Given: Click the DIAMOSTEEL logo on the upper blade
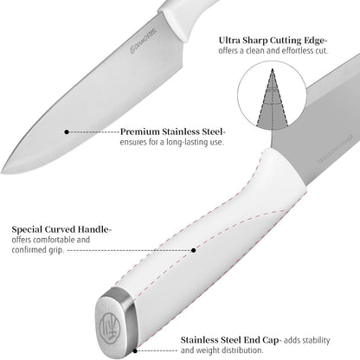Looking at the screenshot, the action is (144, 41).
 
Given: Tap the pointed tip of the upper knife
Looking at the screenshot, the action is (2, 173).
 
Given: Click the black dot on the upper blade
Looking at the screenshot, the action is (67, 132).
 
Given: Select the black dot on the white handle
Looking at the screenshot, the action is (194, 250).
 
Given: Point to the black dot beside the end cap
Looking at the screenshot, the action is (135, 351).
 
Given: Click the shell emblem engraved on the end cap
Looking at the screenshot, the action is (108, 328).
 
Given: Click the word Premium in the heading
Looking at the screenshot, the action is (140, 132).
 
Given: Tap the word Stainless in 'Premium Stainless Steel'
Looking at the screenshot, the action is (182, 132).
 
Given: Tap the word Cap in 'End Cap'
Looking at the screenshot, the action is (271, 340).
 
